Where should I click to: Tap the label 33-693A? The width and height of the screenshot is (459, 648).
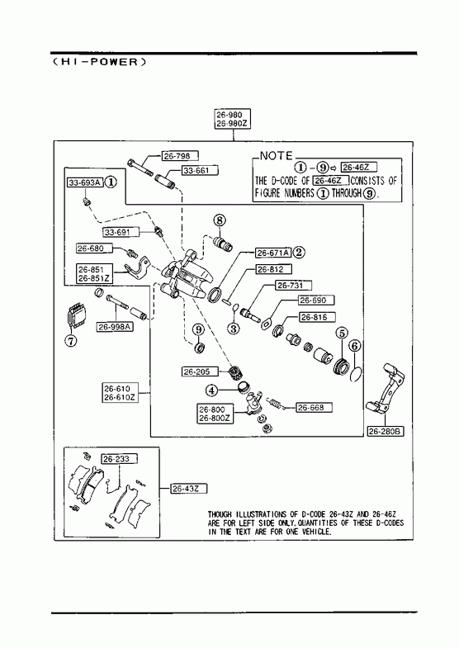tap(85, 182)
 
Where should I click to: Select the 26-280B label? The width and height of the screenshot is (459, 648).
tap(386, 432)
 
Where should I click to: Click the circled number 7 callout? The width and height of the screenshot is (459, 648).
tap(71, 341)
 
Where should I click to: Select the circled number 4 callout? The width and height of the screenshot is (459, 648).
tap(211, 390)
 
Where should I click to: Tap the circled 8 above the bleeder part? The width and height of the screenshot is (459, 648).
tap(220, 220)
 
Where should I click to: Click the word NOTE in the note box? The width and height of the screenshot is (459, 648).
tap(277, 156)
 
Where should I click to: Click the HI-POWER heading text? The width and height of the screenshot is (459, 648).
tap(100, 62)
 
